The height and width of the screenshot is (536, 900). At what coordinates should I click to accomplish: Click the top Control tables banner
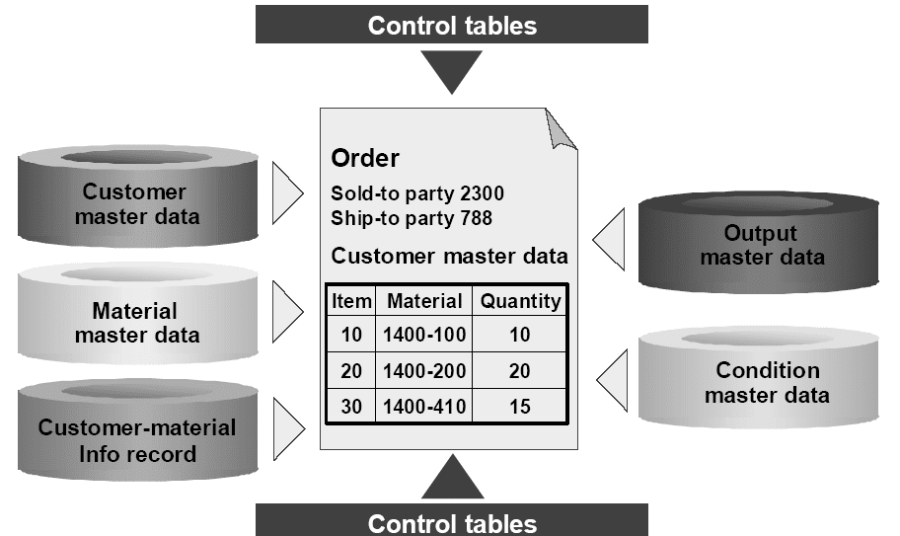pos(452,24)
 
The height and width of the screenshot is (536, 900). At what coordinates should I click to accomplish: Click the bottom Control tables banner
pos(452,520)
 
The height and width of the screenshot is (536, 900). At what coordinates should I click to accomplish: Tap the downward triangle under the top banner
pos(452,72)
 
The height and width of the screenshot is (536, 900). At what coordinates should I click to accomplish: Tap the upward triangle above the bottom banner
pos(452,477)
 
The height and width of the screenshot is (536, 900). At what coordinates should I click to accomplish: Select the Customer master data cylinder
pos(138,196)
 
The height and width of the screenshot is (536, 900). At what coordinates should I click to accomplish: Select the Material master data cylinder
pos(138,314)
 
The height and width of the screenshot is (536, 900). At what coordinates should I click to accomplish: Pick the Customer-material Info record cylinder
pos(138,429)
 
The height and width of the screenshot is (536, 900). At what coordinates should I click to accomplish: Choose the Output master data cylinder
pos(758,243)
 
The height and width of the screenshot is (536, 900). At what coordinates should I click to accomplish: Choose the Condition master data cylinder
pos(758,378)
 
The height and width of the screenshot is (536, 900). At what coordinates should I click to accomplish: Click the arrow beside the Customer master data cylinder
pos(287,192)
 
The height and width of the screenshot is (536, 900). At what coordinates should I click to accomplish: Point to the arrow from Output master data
pos(609,239)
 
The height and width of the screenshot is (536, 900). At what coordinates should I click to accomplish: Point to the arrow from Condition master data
pos(612,380)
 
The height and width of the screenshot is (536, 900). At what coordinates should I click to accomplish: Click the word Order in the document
pos(365,158)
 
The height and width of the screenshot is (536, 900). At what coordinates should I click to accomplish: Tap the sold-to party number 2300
pos(483,193)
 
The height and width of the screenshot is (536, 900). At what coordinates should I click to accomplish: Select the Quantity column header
pos(520,301)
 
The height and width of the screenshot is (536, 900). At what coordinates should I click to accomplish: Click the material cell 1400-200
pos(424,371)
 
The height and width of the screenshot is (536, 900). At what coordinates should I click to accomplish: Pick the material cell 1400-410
pos(424,407)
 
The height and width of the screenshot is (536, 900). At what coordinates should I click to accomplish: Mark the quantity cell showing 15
pos(519,407)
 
